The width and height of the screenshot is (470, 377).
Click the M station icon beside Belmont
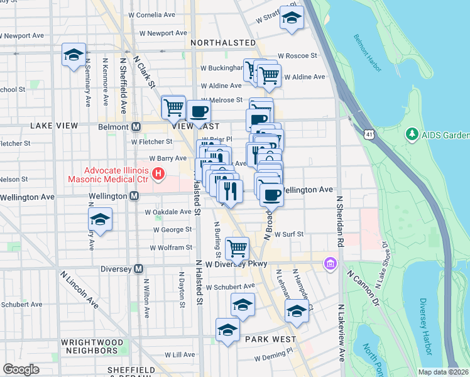pos(136,126)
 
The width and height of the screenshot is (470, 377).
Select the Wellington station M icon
pos(134,196)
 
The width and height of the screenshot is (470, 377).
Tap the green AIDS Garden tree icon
pos(412,134)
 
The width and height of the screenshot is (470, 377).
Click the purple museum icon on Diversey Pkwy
pos(329,263)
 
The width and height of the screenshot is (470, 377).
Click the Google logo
pos(21,369)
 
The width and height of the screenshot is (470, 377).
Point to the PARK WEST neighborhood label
pos(271,339)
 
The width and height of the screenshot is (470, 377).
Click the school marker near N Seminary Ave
pos(74,55)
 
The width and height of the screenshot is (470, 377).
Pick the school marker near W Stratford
pos(291,19)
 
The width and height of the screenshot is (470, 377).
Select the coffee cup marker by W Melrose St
pos(199,112)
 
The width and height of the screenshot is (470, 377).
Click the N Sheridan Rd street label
pos(340,220)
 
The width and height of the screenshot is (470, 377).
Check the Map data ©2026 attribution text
pos(443,372)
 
